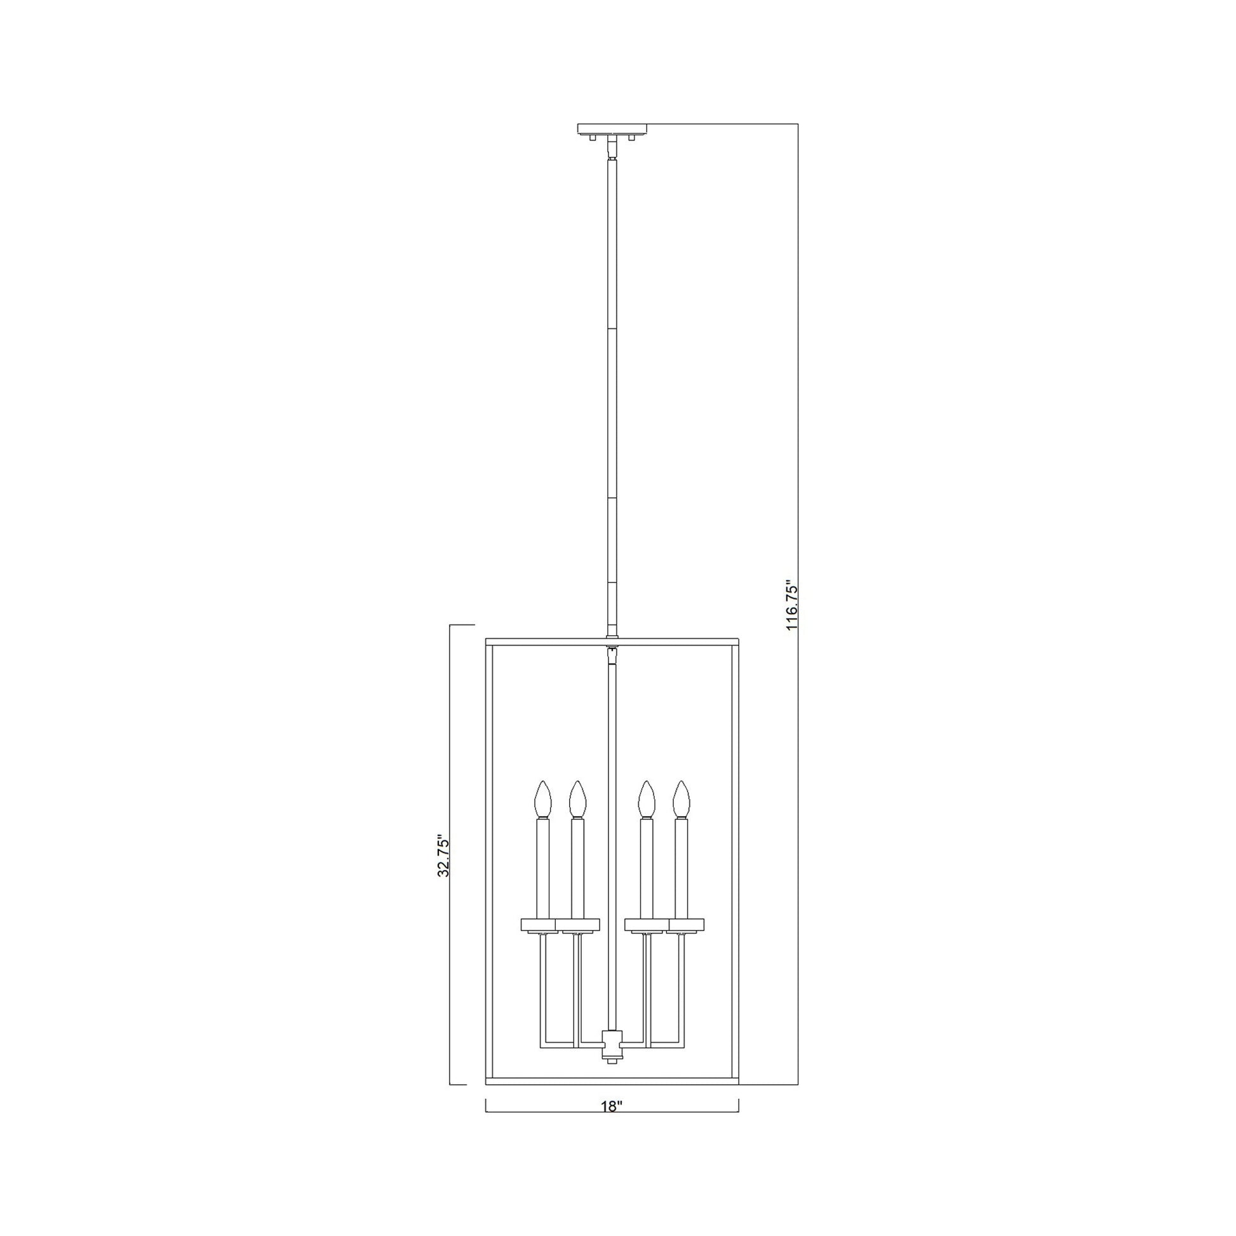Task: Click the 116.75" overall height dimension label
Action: [x=792, y=607]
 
